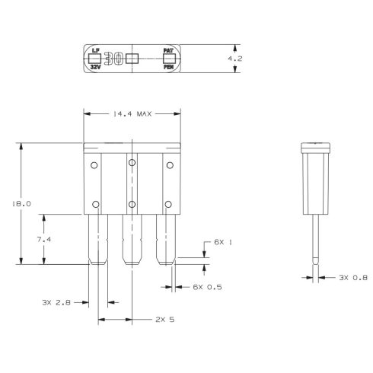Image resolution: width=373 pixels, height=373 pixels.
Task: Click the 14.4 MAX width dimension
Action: tap(132, 114)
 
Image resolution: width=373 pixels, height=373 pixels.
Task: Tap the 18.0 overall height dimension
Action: tap(21, 204)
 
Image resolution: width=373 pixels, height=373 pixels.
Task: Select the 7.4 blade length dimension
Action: tap(44, 239)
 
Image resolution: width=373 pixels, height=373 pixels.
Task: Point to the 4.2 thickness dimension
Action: tap(235, 59)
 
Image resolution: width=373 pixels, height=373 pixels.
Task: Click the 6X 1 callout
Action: tap(223, 242)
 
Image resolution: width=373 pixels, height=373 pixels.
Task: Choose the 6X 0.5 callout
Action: tap(207, 287)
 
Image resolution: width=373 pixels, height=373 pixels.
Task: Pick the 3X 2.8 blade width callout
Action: tap(56, 302)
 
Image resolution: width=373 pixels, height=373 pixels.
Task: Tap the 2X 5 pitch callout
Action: tap(165, 320)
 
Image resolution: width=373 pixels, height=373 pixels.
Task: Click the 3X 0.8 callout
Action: tap(353, 278)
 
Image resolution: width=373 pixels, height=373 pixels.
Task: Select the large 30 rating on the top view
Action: tap(114, 59)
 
